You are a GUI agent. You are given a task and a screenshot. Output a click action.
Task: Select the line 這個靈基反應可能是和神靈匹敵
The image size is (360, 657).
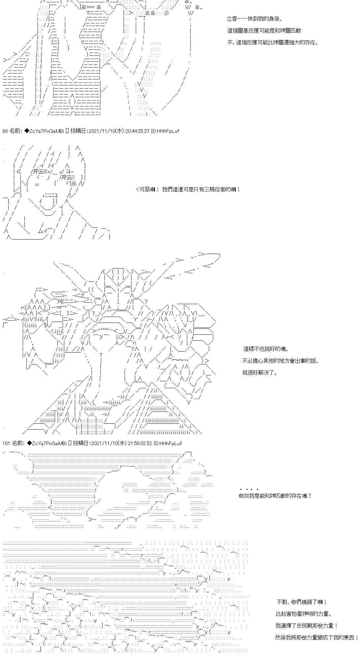point(264,31)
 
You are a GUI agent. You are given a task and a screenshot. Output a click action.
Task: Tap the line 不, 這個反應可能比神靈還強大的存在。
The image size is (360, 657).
point(273,43)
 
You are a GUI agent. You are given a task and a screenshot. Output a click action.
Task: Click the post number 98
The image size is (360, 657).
point(5,131)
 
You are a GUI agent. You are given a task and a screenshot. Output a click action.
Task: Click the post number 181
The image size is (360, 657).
point(6,443)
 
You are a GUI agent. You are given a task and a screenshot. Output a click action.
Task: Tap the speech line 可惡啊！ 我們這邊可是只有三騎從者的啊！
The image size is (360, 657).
point(188,190)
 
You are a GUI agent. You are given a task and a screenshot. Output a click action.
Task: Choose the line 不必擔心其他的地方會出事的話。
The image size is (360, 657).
point(281,361)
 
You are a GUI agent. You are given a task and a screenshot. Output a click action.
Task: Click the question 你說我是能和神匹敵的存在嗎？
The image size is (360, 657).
point(275,496)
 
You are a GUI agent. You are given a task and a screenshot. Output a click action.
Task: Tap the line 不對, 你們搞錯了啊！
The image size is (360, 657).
point(302,602)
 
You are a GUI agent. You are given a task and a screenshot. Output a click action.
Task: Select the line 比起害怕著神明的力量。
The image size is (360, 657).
point(304,614)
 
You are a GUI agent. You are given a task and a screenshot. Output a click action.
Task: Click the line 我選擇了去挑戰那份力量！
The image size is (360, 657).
point(307,626)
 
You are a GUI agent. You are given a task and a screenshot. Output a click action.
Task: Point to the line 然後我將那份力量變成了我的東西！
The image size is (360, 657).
point(316,638)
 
